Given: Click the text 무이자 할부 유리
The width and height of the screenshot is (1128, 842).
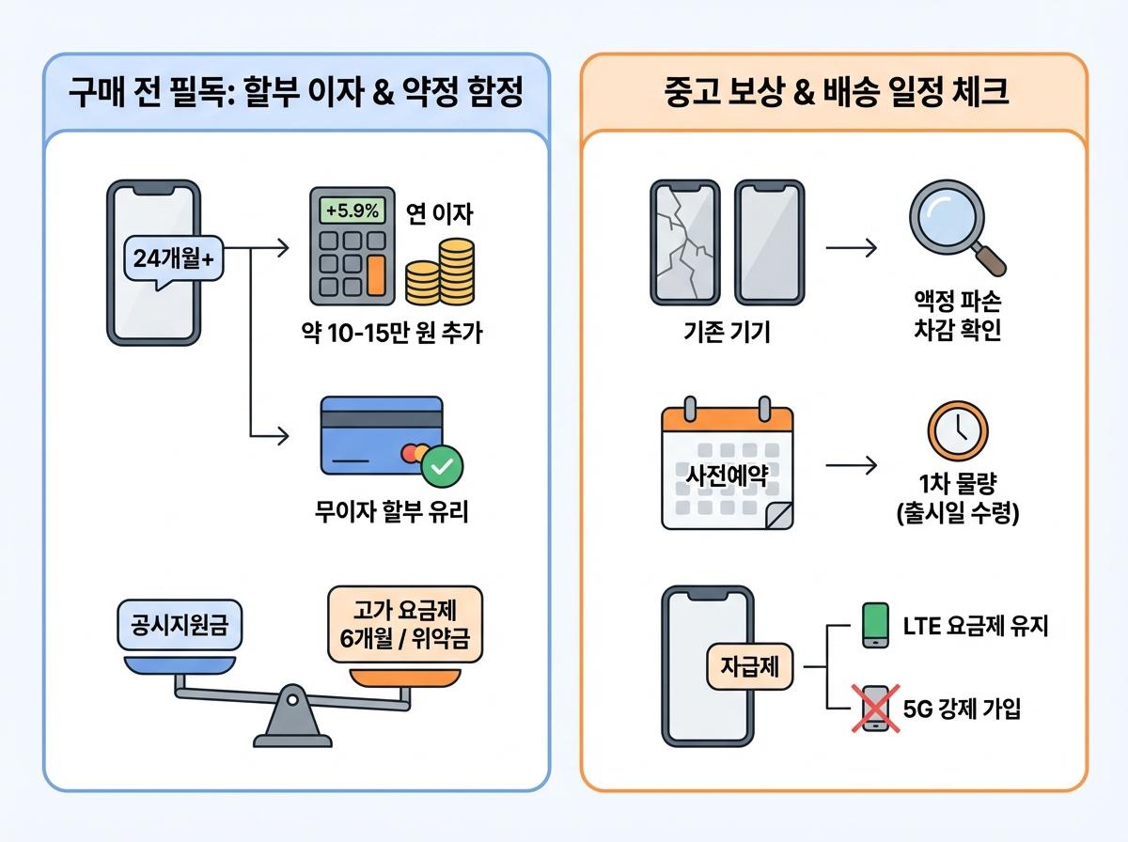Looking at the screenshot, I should click(391, 513).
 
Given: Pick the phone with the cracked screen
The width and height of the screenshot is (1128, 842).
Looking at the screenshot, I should click(684, 242).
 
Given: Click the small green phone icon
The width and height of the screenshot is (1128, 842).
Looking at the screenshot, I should click(874, 625).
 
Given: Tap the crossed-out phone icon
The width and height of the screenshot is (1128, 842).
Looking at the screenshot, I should click(874, 708).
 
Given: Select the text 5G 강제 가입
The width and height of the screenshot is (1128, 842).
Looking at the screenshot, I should click(961, 708).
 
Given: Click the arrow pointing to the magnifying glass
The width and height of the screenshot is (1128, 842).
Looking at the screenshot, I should click(850, 248).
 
